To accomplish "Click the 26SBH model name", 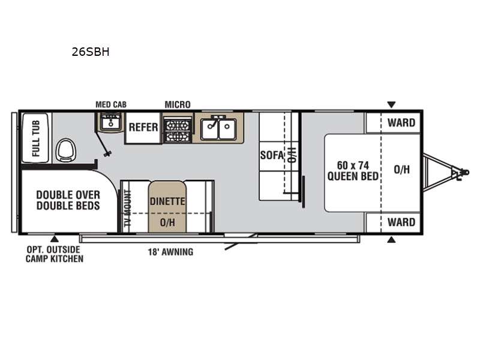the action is click(91, 52).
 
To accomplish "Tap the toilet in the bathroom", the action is click(65, 150).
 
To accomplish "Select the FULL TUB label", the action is click(35, 138).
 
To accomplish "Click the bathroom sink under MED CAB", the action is click(110, 122).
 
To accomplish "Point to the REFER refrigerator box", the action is click(143, 127).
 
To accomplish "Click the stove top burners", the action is click(177, 131).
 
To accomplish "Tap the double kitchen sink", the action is click(218, 127).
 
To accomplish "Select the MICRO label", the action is click(178, 104).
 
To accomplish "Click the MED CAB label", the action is click(111, 104).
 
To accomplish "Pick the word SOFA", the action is click(272, 155).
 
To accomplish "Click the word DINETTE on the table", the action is click(167, 202).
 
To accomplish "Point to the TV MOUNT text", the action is click(127, 208).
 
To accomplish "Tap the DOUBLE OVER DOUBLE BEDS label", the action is click(68, 200).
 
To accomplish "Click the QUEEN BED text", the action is click(353, 176).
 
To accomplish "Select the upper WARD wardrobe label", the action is click(401, 123).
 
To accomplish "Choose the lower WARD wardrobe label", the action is click(401, 222).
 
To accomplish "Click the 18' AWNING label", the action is click(171, 252).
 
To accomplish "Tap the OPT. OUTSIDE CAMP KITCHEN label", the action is click(55, 254).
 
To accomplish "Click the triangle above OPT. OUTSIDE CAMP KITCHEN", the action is click(55, 239).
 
